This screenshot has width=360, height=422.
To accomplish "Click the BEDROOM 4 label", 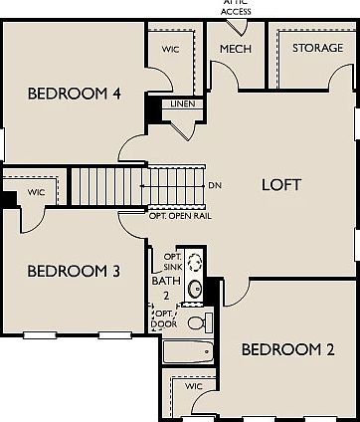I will click(75, 95).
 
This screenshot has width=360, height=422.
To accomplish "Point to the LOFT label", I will click(280, 184).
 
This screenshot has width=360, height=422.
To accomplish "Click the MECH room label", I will click(235, 48).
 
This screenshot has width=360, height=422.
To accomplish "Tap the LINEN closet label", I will click(182, 103).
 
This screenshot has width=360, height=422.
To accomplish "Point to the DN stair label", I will click(216, 185).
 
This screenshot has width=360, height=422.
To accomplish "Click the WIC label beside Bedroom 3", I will click(36, 192).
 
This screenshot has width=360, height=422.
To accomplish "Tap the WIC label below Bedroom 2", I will click(194, 384).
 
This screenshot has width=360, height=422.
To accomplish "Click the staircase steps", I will click(110, 184).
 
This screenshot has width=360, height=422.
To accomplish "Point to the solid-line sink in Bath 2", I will click(197, 290).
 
